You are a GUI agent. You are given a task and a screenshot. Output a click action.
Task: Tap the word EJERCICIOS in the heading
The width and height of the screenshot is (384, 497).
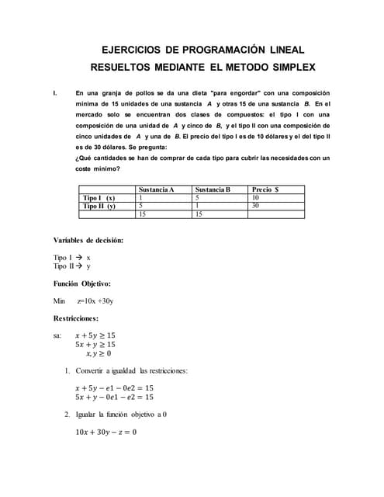134,49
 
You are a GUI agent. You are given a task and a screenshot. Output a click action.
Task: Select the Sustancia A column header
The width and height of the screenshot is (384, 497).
156,189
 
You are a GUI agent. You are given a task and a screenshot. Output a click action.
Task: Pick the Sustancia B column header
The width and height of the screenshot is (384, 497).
213,189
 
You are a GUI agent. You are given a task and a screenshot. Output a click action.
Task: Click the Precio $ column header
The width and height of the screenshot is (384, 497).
265,189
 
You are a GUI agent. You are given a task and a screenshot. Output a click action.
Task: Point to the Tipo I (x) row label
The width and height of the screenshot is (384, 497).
99,198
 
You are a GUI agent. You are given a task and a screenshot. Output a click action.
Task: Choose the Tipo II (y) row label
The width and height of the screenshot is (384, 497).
99,206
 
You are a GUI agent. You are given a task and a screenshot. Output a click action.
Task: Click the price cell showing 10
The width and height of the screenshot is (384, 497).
256,198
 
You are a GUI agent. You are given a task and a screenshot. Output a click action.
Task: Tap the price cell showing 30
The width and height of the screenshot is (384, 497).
256,206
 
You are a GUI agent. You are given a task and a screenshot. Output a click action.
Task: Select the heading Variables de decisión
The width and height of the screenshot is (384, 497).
88,240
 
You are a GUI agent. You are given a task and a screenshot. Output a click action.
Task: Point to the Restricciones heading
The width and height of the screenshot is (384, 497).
76,318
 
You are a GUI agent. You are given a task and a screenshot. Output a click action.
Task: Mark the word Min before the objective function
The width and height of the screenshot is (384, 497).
60,301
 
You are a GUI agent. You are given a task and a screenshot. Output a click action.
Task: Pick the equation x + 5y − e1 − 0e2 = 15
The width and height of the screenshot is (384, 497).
114,388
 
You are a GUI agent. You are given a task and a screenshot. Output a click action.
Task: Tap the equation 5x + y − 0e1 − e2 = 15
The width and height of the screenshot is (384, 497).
114,397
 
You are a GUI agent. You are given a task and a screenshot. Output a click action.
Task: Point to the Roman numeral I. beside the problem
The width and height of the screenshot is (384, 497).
55,93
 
